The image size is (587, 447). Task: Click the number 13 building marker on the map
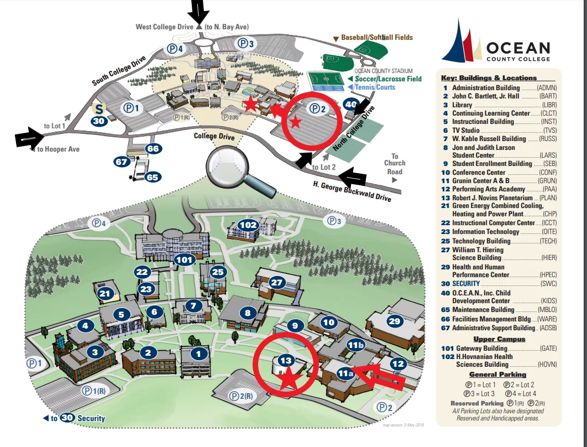click(285, 361)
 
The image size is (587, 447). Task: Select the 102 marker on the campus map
click(248, 225)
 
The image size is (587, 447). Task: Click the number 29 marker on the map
click(394, 321)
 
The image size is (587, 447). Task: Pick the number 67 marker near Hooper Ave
click(122, 162)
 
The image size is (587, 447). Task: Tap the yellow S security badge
click(99, 108)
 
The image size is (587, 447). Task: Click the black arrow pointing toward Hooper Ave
click(29, 138)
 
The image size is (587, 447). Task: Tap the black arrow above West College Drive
click(199, 11)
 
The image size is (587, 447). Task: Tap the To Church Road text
click(395, 164)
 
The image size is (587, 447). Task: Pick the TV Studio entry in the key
click(465, 131)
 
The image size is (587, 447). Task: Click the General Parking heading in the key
click(498, 375)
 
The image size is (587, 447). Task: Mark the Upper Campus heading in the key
click(497, 339)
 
